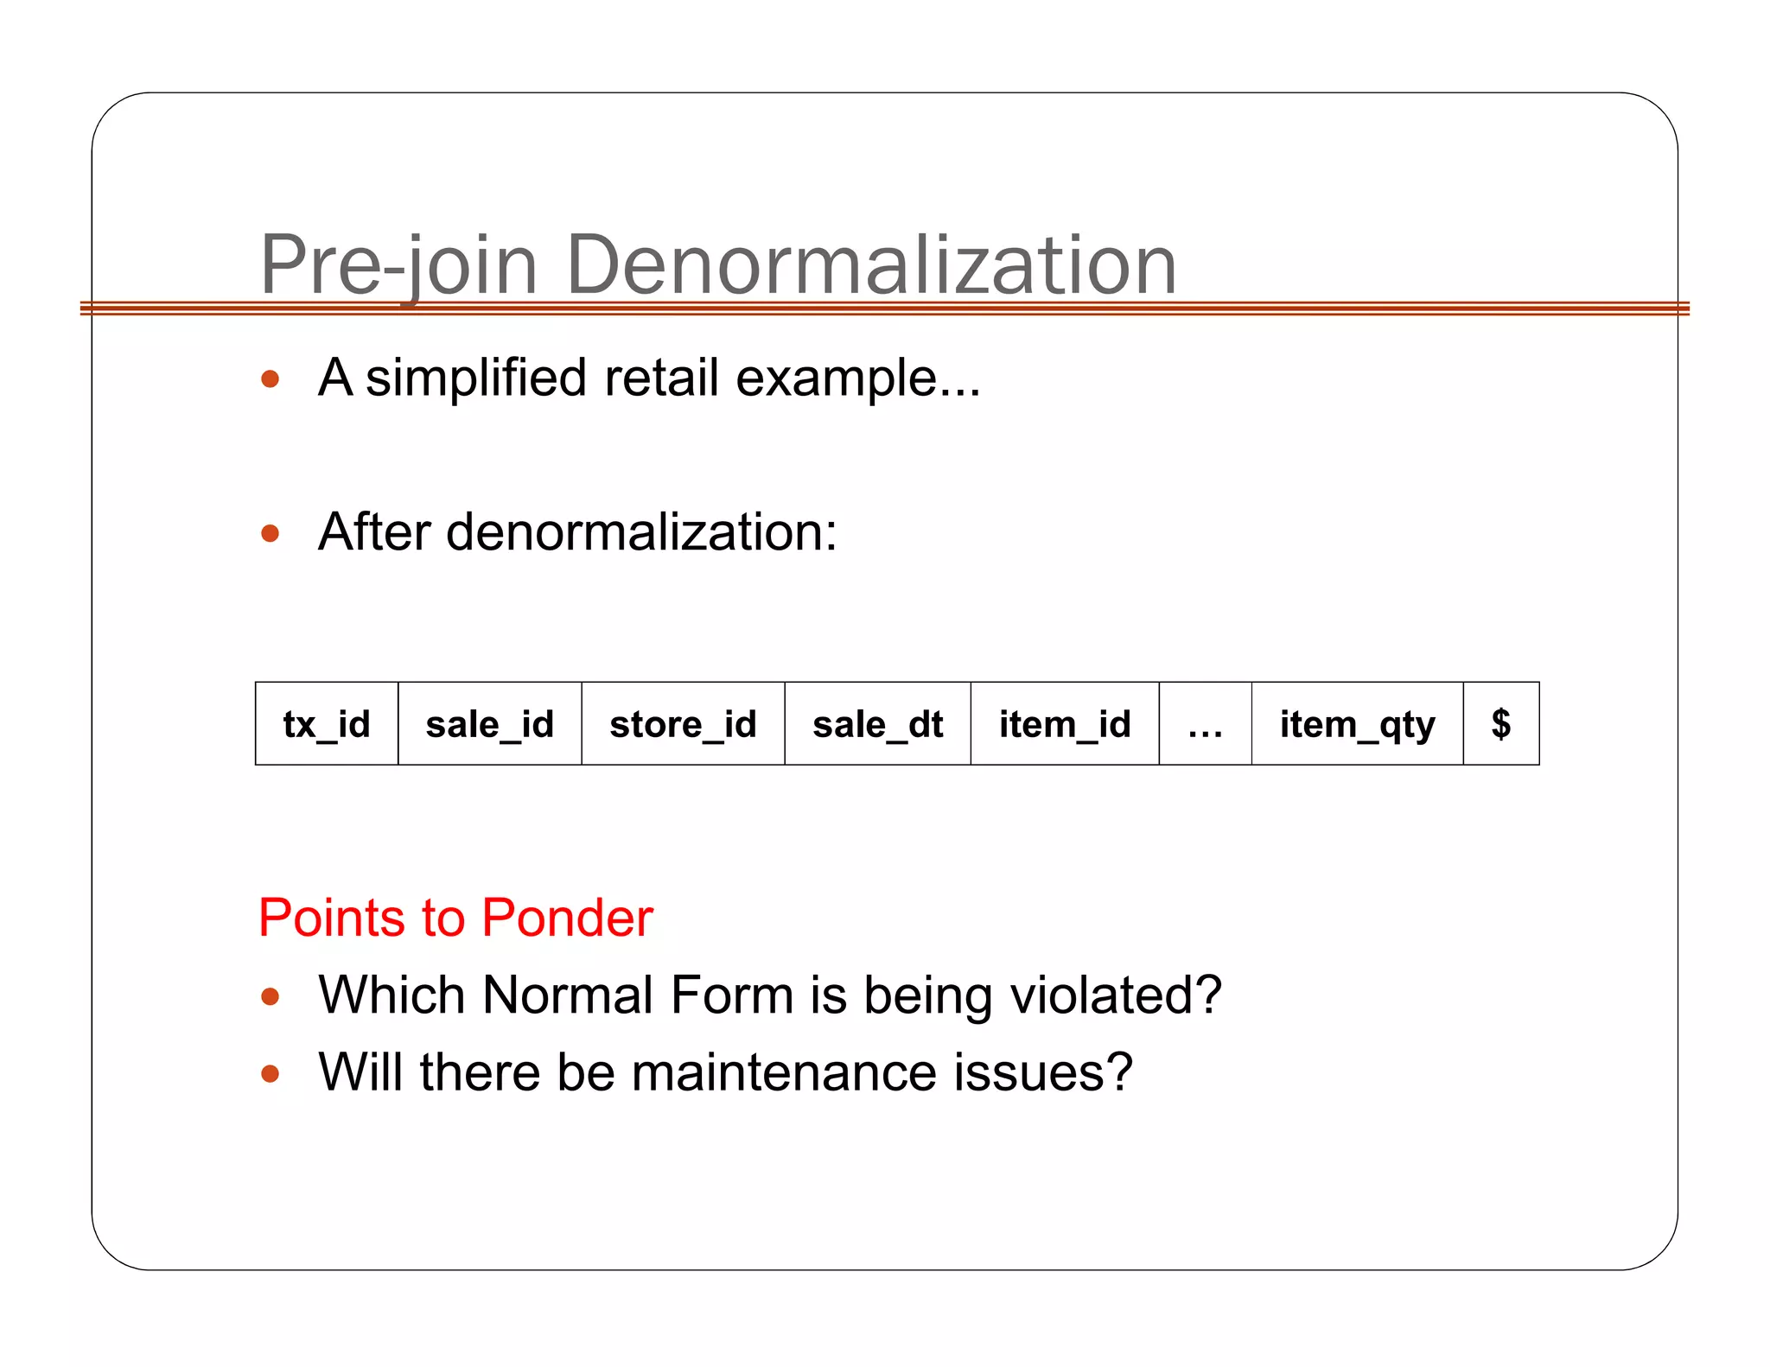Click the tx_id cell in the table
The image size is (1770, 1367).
tap(327, 724)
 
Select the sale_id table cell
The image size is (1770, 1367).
tap(489, 724)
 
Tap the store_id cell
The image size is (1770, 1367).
tap(683, 724)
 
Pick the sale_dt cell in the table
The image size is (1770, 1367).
tap(877, 724)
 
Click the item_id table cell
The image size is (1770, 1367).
tap(1065, 724)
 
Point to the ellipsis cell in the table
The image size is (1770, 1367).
tap(1205, 724)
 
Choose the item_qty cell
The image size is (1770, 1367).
tap(1357, 724)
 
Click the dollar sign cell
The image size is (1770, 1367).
tap(1501, 724)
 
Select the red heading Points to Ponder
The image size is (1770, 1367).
tap(455, 918)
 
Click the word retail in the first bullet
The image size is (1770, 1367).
tap(661, 378)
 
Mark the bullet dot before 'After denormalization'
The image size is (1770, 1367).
tap(271, 533)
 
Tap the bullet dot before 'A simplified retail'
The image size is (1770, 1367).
tap(271, 379)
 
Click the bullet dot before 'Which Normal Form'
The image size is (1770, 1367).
tap(271, 997)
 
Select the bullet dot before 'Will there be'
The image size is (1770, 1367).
tap(271, 1074)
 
